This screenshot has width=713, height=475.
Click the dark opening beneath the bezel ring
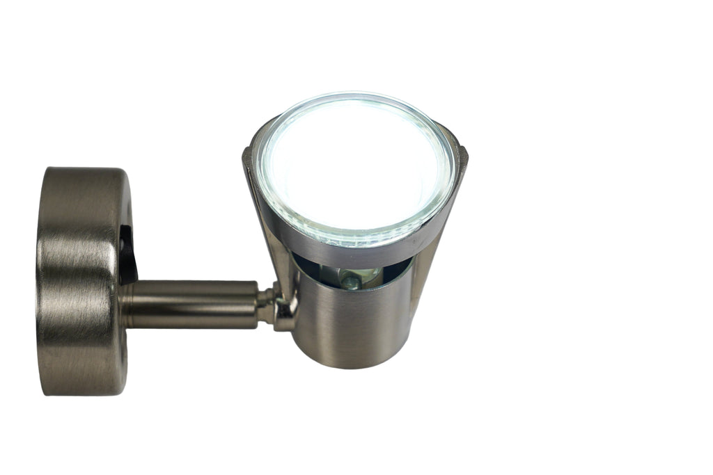pos(313,268)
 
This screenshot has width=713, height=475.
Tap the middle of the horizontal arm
pos(195,304)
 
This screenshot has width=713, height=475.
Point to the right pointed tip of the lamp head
pos(462,150)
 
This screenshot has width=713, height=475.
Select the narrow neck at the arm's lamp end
pos(266,303)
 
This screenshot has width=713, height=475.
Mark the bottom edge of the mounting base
pos(84,394)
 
